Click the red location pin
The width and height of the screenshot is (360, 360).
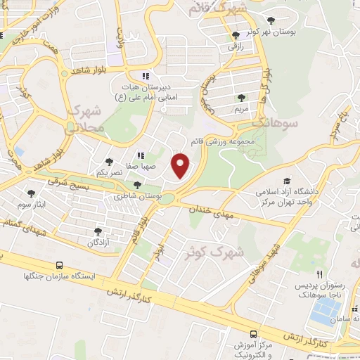point(181,165)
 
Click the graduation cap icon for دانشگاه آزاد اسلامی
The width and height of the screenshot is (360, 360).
point(287,181)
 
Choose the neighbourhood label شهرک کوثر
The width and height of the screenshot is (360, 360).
point(218,250)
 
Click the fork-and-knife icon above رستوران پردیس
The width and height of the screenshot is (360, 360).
point(319,274)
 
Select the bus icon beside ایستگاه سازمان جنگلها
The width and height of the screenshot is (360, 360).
point(59,266)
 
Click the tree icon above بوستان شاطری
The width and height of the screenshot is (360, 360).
point(137,184)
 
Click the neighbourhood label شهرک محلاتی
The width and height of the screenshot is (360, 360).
point(86,119)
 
